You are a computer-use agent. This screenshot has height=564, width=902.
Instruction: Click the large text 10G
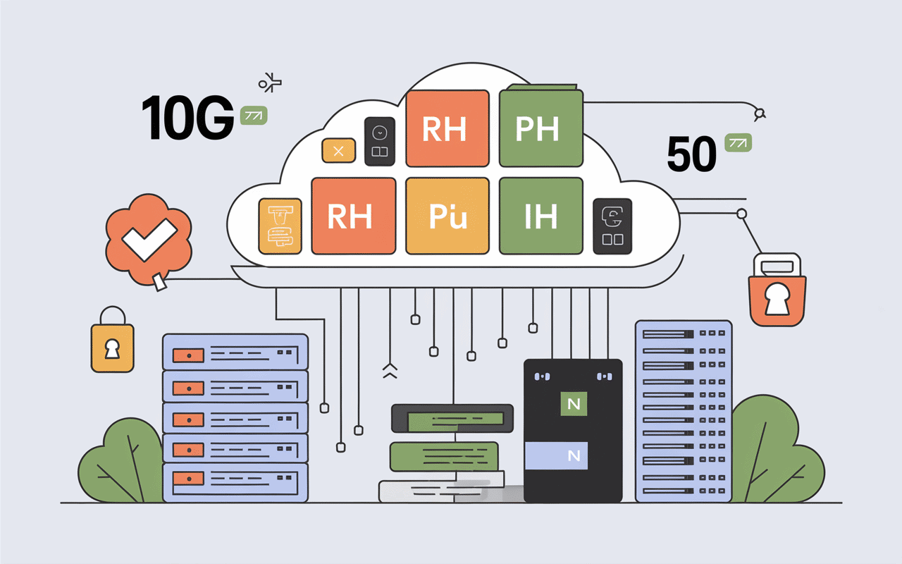(x=187, y=117)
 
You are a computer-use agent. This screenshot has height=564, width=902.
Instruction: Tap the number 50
(x=691, y=154)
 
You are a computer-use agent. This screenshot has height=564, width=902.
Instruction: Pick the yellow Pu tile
(x=447, y=216)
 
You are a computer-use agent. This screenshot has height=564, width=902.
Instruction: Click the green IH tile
(x=540, y=216)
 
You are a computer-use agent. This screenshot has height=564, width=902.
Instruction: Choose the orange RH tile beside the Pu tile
(x=353, y=216)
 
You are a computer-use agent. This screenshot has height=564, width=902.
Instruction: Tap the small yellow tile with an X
(x=338, y=150)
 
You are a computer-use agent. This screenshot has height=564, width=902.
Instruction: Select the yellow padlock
(x=112, y=346)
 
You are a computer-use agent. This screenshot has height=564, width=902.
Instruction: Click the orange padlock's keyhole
(x=777, y=300)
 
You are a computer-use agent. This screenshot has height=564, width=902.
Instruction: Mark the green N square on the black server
(x=573, y=404)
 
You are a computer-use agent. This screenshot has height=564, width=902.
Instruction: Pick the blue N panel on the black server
(x=573, y=455)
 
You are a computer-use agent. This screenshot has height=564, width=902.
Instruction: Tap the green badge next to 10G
(x=253, y=116)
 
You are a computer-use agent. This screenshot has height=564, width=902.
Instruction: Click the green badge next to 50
(x=738, y=143)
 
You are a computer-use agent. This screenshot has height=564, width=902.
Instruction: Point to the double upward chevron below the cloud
(x=390, y=372)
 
